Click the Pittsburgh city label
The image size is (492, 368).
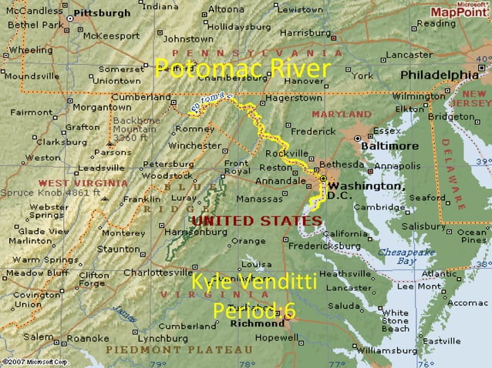pos(103,13)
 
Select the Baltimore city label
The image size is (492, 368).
pos(393,146)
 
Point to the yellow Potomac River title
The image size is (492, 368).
pos(242,69)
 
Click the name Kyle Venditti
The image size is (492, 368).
pos(254,282)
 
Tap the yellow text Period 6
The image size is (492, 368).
pos(254,310)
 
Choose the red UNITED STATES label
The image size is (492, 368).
pos(256,220)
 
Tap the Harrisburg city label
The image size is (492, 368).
pos(304,33)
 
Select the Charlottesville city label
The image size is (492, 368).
pos(158,273)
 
